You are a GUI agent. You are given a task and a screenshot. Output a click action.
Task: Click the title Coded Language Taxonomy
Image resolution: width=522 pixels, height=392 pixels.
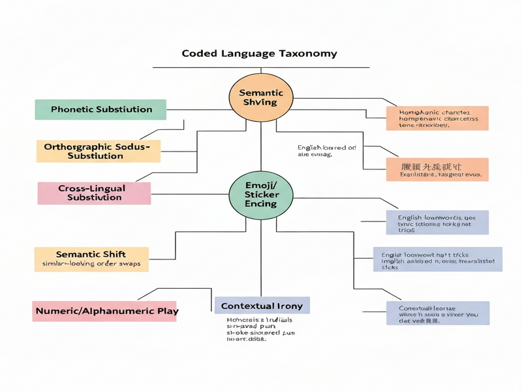[x=260, y=53]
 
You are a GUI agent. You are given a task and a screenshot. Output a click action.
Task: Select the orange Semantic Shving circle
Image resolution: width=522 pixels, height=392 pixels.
[x=262, y=97]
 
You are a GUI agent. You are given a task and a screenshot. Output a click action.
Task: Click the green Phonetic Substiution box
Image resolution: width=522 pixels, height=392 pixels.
[x=101, y=109]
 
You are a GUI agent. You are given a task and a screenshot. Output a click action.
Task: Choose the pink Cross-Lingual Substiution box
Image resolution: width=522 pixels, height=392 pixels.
[x=94, y=193]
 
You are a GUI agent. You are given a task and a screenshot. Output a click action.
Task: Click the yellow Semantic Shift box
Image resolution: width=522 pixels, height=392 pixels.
[x=91, y=259]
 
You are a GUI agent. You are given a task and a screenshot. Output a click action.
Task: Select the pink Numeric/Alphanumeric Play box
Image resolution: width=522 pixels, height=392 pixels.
[x=105, y=311]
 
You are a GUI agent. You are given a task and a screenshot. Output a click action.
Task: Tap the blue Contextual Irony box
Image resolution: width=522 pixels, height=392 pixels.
[x=262, y=306]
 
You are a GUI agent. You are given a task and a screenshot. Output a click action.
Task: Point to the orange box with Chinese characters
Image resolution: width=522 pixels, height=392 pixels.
[x=437, y=170]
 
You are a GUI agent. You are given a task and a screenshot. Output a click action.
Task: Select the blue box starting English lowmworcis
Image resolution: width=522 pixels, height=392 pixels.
[x=437, y=222]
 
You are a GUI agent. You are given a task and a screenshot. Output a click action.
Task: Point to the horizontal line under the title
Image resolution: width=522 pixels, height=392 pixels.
[x=261, y=67]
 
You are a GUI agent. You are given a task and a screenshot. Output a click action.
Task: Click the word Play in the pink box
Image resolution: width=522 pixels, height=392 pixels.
[x=166, y=311]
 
